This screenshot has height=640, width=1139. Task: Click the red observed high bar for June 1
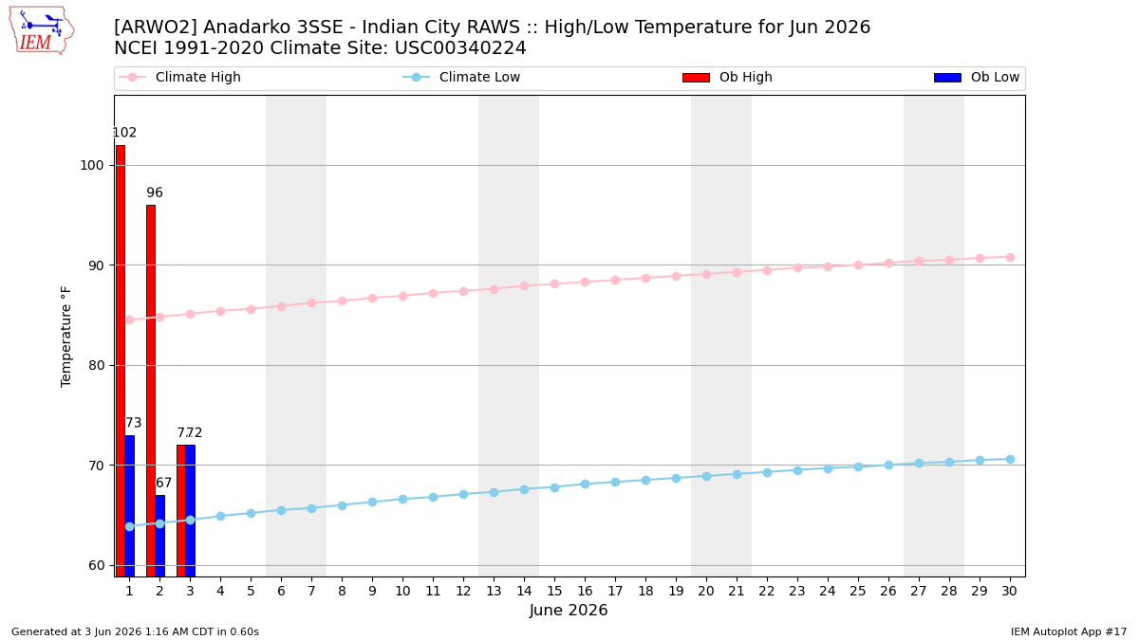point(121,361)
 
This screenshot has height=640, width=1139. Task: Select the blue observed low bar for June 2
point(160,536)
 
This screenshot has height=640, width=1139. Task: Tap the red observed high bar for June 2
point(151,391)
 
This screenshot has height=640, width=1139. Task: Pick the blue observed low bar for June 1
point(130,506)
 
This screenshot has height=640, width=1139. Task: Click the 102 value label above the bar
point(124,133)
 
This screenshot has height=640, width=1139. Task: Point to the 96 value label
point(155,192)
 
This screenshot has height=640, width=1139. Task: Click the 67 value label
point(163,483)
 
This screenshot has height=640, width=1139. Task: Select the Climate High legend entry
point(179,77)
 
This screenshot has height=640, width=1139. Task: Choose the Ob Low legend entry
point(977,77)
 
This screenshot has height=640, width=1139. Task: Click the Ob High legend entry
point(727,77)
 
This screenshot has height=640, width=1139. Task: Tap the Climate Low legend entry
point(461,77)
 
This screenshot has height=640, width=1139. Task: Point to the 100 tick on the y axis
point(91,166)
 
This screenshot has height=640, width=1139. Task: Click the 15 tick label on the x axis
point(554,591)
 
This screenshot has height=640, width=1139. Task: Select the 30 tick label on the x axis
point(1010,591)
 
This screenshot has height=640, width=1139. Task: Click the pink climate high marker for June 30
point(1010,258)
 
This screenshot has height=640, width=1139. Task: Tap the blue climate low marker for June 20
point(706,476)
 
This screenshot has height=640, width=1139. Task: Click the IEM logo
point(42,30)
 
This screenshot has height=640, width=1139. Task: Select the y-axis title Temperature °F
point(66,337)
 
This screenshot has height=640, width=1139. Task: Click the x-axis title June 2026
point(569,610)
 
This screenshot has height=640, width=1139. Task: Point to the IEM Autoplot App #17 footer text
point(1069,631)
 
